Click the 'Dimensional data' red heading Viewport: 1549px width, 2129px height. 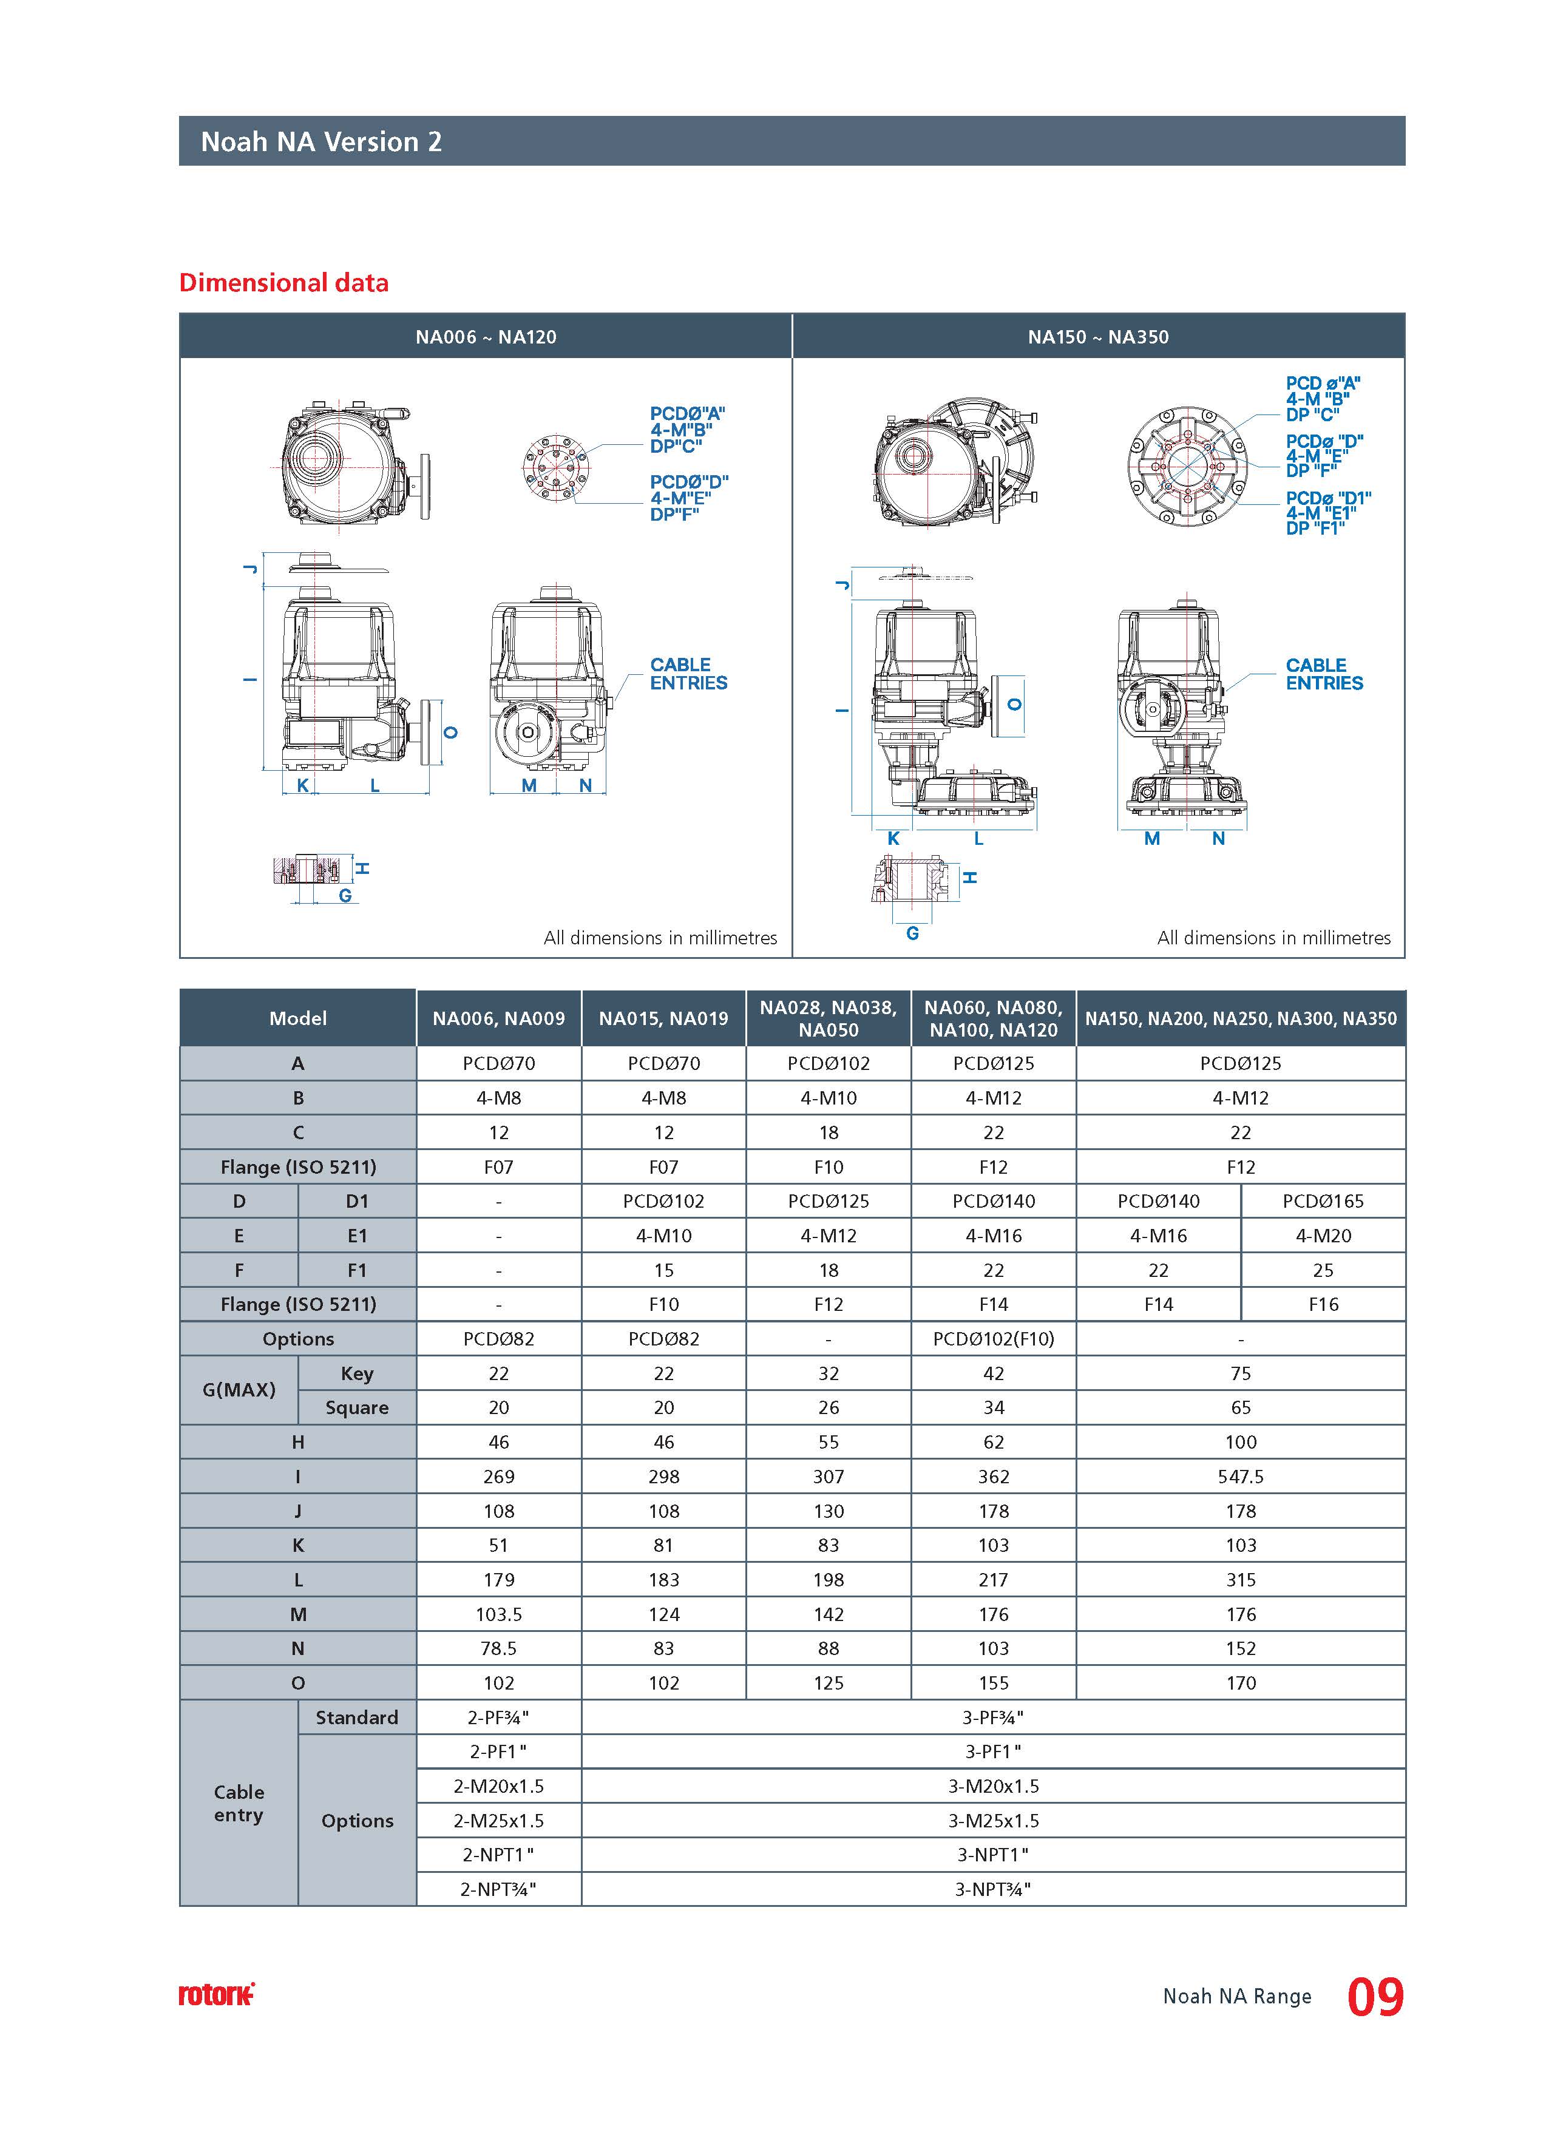coord(283,283)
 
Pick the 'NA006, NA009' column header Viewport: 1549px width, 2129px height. coord(498,1018)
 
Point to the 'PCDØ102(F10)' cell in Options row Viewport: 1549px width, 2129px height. coord(993,1339)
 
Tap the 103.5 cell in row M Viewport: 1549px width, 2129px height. coord(498,1614)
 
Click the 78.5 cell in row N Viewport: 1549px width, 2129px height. coord(498,1648)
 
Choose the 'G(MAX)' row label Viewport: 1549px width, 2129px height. coord(239,1389)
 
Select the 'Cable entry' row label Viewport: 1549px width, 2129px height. coord(239,1802)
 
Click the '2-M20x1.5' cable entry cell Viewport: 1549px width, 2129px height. coord(498,1786)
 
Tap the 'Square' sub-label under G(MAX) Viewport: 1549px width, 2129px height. coord(357,1407)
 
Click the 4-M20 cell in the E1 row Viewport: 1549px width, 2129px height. coord(1323,1236)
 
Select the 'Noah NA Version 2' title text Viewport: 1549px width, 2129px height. coord(321,142)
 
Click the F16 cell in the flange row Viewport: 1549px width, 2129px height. coord(1323,1304)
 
